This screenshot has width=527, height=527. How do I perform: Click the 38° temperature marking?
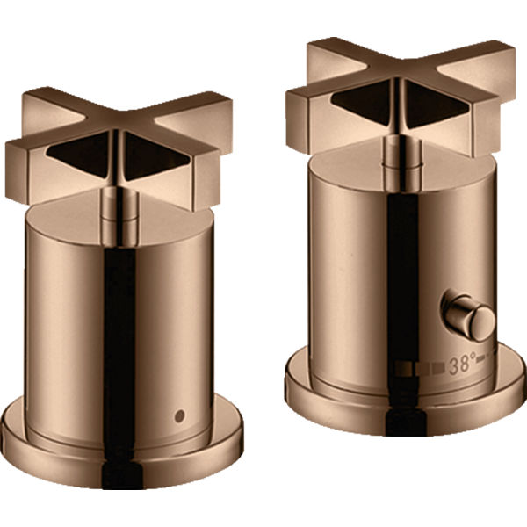tap(463, 365)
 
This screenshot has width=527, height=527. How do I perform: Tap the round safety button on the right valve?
tap(468, 315)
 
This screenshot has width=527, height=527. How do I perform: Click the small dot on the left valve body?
tap(180, 415)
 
